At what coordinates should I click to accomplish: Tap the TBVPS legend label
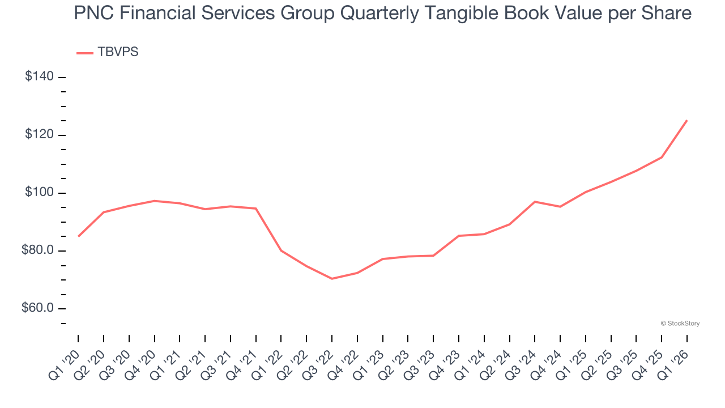point(118,52)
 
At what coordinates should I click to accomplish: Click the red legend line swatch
point(85,53)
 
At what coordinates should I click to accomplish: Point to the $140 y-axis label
point(39,76)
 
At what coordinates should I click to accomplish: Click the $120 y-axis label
point(39,135)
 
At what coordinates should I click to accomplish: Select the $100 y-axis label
point(39,193)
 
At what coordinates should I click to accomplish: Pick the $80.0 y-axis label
point(37,250)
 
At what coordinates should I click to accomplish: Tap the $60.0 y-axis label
point(37,308)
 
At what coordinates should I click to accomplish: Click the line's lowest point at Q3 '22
point(332,279)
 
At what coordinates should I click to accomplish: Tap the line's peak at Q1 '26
point(687,120)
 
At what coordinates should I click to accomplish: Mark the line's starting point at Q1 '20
point(78,236)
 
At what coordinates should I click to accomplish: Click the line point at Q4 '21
point(256,209)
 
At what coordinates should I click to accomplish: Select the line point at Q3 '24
point(535,202)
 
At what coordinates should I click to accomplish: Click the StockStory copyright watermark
point(680,324)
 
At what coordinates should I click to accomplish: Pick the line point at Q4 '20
point(155,201)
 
